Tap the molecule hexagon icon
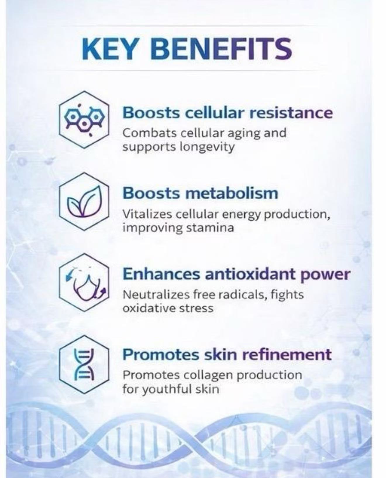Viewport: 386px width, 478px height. pyautogui.click(x=84, y=119)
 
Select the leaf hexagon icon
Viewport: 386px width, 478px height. pyautogui.click(x=84, y=201)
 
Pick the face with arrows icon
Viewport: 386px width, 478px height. pyautogui.click(x=84, y=282)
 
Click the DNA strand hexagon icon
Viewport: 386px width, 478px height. pyautogui.click(x=84, y=364)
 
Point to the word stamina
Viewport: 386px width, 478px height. pyautogui.click(x=210, y=228)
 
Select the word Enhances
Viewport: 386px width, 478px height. pyautogui.click(x=161, y=274)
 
